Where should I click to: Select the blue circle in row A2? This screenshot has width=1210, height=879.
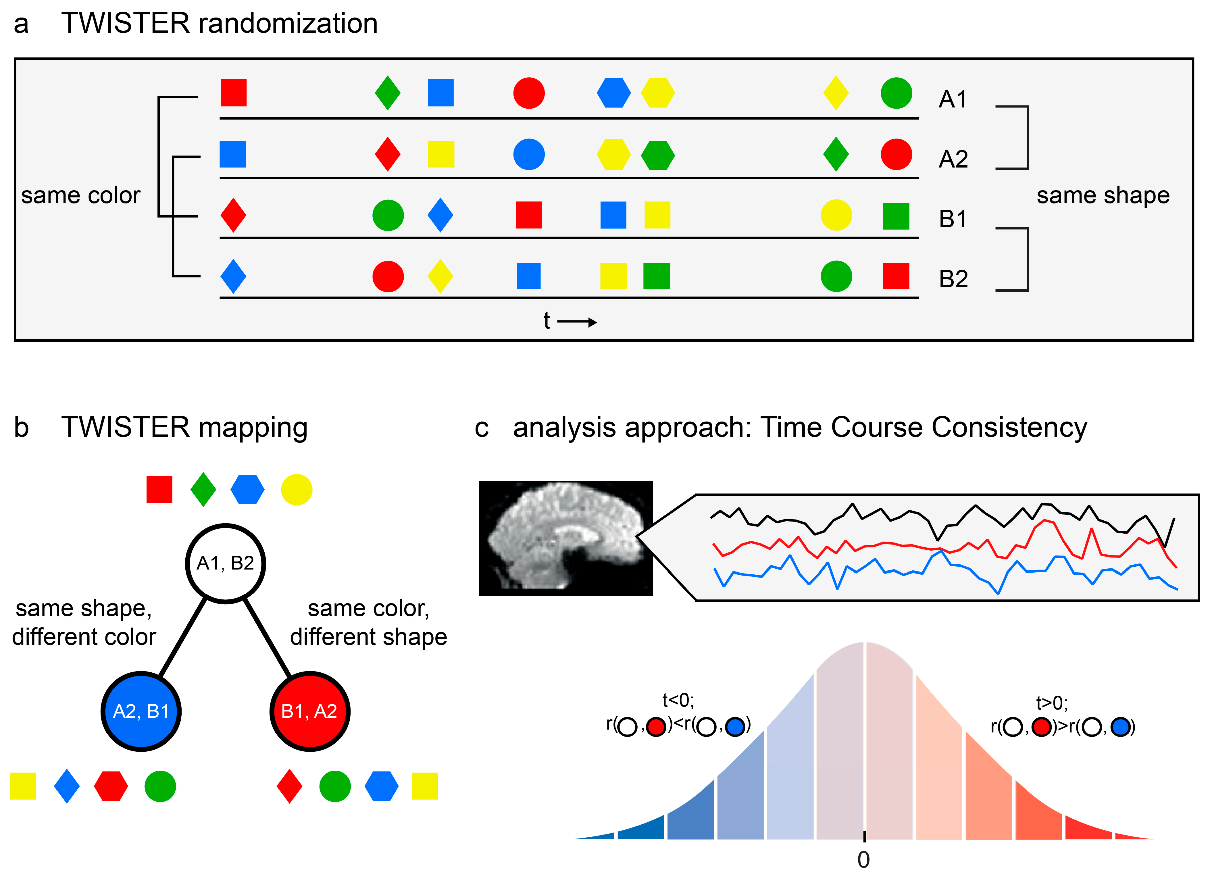tap(529, 155)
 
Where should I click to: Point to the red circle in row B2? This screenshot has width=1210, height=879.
tap(388, 276)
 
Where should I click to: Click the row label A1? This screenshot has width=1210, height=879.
tap(953, 99)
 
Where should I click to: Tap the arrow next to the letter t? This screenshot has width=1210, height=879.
tap(577, 322)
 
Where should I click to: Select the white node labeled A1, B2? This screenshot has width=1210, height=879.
tap(226, 563)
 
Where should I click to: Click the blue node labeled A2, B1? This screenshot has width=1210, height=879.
tap(141, 711)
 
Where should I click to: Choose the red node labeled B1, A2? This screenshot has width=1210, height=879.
tap(309, 711)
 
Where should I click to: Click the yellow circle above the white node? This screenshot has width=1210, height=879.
tap(297, 490)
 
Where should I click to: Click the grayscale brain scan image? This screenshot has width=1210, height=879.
tap(565, 538)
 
